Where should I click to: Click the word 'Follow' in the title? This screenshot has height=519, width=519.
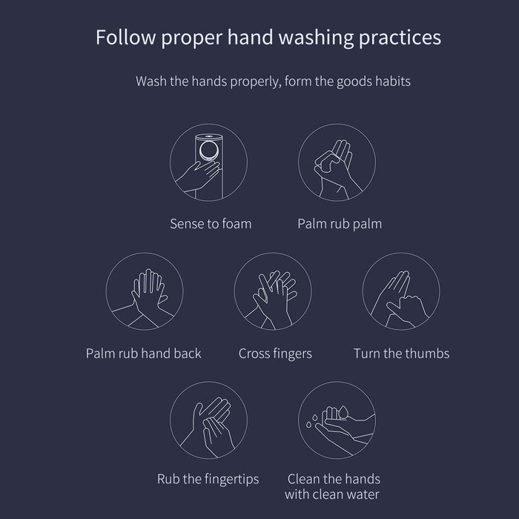[126, 37]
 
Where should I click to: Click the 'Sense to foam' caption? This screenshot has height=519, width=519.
[211, 224]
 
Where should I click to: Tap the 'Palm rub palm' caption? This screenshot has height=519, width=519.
[340, 225]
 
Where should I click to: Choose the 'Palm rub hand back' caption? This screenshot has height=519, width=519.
[143, 354]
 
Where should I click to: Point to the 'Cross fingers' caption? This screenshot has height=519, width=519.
[275, 354]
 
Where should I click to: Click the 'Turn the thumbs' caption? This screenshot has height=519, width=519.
[402, 354]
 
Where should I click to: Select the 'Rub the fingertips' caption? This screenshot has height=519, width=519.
[208, 479]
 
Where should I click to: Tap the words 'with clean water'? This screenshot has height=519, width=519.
[332, 495]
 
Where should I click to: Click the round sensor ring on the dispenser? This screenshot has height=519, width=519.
[209, 151]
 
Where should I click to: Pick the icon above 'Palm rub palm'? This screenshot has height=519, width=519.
[337, 162]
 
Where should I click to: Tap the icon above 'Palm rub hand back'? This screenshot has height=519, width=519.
[145, 291]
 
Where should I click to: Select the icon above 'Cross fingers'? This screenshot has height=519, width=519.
[273, 291]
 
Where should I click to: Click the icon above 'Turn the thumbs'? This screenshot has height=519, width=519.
[401, 291]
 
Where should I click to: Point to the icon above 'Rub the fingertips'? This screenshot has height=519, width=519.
[208, 420]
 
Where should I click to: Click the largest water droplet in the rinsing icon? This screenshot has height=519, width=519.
[343, 412]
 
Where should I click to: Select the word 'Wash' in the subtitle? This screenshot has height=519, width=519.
[151, 81]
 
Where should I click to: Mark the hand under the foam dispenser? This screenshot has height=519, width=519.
[199, 176]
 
